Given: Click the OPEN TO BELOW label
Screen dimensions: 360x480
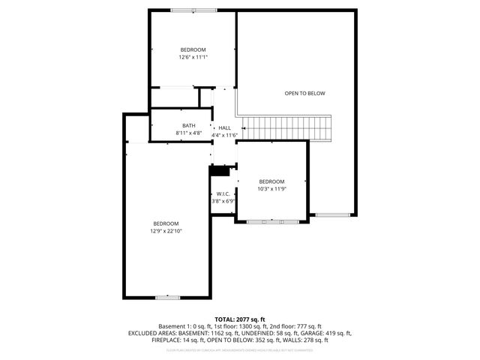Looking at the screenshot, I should pyautogui.click(x=304, y=94).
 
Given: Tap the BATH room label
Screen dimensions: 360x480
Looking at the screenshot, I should pyautogui.click(x=189, y=125).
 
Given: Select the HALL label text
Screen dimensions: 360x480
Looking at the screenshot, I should pyautogui.click(x=225, y=128).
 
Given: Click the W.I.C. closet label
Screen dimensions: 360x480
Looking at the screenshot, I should pyautogui.click(x=222, y=193).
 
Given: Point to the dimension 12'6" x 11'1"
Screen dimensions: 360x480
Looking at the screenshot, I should pyautogui.click(x=193, y=57).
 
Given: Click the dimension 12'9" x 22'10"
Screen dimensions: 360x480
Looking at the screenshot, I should pyautogui.click(x=166, y=231).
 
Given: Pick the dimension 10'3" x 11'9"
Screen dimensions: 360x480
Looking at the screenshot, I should pyautogui.click(x=272, y=188).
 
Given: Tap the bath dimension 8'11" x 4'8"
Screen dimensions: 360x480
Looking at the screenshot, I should pyautogui.click(x=189, y=133).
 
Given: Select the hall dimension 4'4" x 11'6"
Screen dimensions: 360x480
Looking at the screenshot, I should pyautogui.click(x=225, y=135).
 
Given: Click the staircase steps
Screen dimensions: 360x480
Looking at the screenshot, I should pyautogui.click(x=288, y=128).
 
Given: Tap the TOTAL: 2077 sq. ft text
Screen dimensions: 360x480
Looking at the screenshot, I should pyautogui.click(x=240, y=319).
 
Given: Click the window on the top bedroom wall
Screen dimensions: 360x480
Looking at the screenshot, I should pyautogui.click(x=193, y=10).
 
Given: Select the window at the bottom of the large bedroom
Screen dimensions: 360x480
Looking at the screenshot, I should pyautogui.click(x=166, y=298).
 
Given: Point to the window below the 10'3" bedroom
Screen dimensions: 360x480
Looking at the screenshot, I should pyautogui.click(x=271, y=221).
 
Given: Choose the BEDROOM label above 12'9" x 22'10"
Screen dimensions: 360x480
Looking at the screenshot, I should pyautogui.click(x=166, y=223).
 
